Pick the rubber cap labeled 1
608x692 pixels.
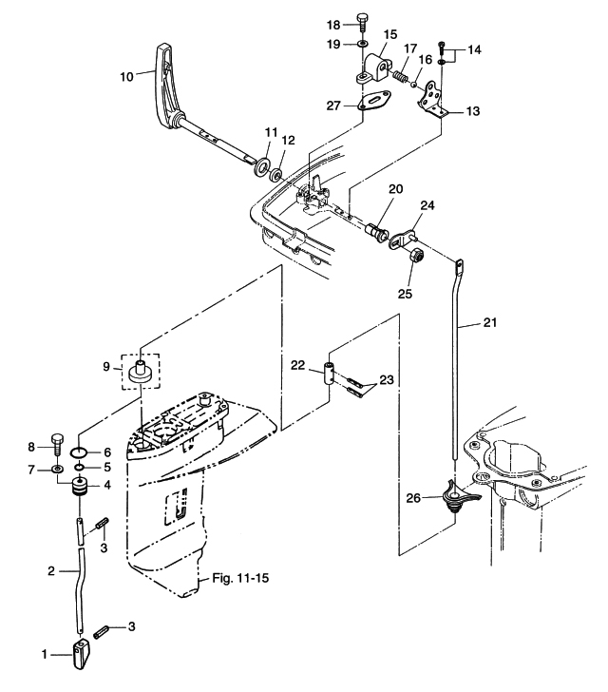(x=81, y=655)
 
